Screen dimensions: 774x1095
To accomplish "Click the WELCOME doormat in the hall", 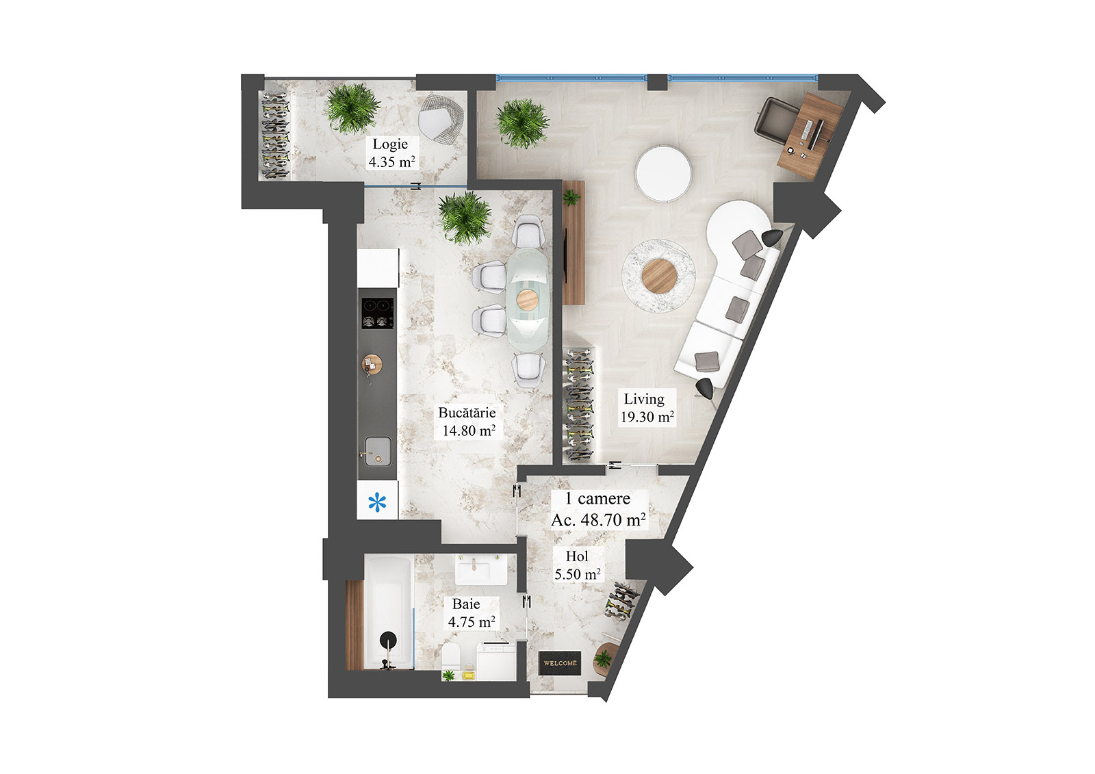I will [560, 663].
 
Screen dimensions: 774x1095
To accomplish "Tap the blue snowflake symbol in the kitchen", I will [377, 502].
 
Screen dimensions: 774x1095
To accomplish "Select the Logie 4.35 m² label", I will [391, 153].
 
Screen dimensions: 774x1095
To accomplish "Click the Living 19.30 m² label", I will [646, 408].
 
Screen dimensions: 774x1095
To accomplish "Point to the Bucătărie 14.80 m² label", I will [467, 422].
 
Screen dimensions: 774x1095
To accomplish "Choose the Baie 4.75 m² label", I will [471, 612].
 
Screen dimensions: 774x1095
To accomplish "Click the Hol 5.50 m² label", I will [578, 565].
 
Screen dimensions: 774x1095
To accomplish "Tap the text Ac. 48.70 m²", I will [598, 520].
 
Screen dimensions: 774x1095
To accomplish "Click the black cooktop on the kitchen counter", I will [377, 313].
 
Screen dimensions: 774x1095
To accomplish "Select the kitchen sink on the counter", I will [378, 451].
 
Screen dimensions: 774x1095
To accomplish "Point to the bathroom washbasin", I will [481, 569].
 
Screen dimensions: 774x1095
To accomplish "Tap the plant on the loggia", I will [352, 107].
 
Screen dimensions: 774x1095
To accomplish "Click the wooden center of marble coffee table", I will [659, 276].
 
